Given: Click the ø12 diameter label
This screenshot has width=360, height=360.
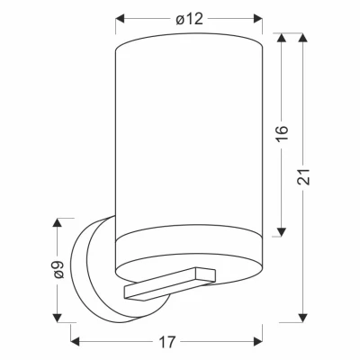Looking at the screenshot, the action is [189, 19].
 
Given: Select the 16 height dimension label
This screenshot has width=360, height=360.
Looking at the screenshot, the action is [282, 133].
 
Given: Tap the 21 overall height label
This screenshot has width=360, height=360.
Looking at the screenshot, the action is [303, 176].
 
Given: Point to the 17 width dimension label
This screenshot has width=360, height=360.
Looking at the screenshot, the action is [166, 342].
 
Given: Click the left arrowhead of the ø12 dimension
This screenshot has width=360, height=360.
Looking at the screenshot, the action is [120, 19].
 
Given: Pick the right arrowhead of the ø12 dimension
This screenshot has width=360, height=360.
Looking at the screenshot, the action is [258, 19].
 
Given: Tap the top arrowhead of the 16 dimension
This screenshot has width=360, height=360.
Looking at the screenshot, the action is [281, 37].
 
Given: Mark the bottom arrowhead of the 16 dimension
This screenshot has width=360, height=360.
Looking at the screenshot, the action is [281, 232].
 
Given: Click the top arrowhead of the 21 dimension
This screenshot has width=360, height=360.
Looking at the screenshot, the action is [303, 37].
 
